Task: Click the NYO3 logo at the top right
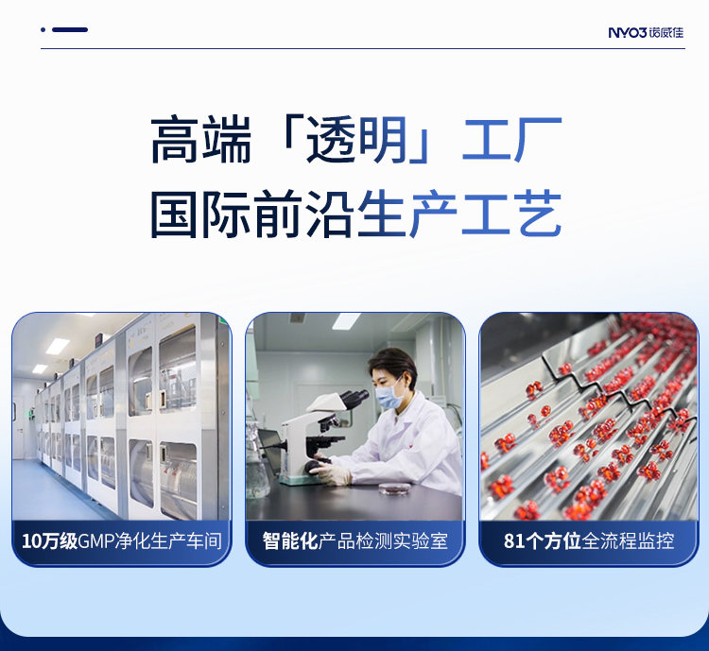[646, 32]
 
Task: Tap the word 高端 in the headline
[200, 139]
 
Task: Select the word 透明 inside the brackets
[356, 139]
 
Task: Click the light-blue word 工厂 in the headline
[511, 139]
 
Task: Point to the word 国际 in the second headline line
[200, 214]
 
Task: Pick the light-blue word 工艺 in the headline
[511, 214]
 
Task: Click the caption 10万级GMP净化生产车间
[122, 541]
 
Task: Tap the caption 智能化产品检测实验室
[355, 541]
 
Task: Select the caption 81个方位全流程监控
[589, 541]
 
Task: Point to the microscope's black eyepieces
[354, 399]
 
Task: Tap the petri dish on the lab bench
[394, 488]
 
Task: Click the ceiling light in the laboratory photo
[346, 320]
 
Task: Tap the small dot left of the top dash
[43, 30]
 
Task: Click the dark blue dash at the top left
[70, 30]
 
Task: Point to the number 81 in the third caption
[513, 541]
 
